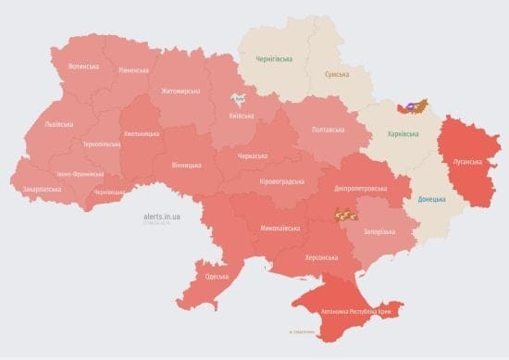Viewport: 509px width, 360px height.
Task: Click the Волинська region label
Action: click(85, 66)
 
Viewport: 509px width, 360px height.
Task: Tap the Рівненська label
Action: click(133, 70)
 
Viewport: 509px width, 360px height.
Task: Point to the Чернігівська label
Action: click(275, 59)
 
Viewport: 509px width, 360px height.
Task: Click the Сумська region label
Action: click(336, 73)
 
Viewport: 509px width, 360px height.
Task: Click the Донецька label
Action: click(431, 199)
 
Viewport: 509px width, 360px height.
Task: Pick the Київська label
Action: click(242, 116)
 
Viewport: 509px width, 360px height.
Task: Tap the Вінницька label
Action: click(186, 165)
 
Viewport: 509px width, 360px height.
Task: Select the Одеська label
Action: click(217, 277)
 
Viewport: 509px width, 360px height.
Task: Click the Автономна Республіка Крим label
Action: click(355, 312)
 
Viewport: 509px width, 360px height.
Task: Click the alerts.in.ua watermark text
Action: click(162, 216)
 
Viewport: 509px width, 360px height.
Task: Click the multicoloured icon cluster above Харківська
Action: click(413, 106)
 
